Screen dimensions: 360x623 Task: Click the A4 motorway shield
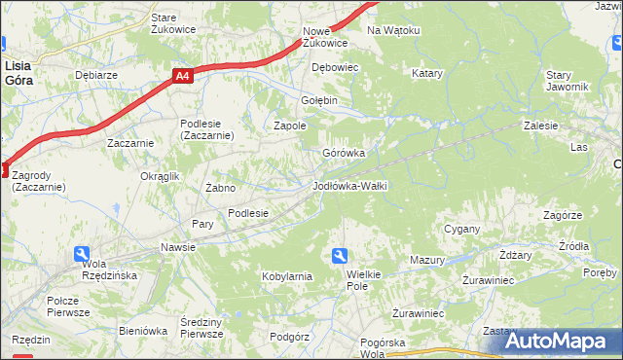coord(183,75)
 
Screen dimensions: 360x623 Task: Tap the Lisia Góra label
coord(18,73)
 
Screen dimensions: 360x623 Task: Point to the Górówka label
coord(344,153)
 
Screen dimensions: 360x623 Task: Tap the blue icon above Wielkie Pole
coord(340,256)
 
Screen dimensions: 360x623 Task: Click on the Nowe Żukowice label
coord(325,37)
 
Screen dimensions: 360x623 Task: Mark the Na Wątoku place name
coord(393,30)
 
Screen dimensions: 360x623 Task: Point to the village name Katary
coord(427,73)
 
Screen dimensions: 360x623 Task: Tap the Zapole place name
coord(290,126)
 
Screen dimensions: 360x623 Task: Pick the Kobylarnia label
coord(286,276)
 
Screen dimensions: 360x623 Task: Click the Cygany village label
coord(462,229)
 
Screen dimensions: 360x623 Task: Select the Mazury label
coord(426,260)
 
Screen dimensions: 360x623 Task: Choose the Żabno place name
coord(221,188)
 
